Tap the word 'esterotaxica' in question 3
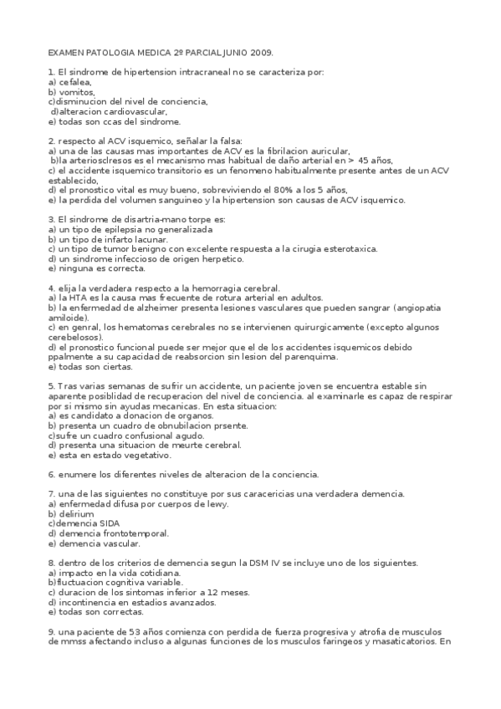pyautogui.click(x=350, y=248)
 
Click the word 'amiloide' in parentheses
pyautogui.click(x=68, y=318)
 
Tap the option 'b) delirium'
pyautogui.click(x=71, y=513)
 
